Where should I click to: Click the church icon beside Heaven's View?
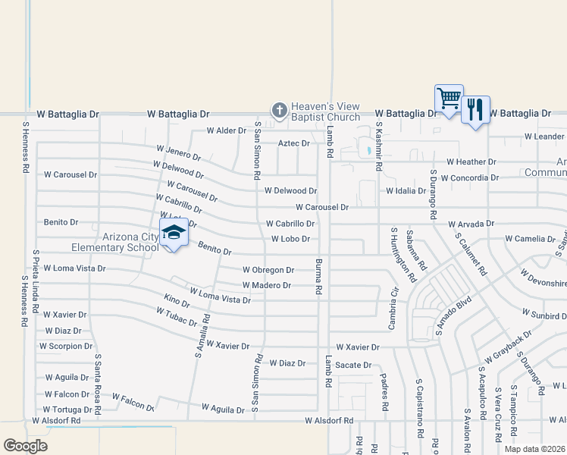[279, 111]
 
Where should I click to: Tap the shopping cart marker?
[449, 99]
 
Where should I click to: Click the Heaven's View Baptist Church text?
[327, 111]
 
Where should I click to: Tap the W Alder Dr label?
[228, 130]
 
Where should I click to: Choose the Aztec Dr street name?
[294, 143]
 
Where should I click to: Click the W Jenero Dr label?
[179, 152]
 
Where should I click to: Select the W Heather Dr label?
[471, 162]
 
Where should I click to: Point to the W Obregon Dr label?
[268, 270]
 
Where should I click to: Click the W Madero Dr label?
[266, 285]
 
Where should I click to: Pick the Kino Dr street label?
[176, 300]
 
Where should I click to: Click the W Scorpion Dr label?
[65, 346]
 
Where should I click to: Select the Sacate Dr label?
[355, 365]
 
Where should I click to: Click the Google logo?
[25, 446]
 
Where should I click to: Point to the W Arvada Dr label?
[471, 224]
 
